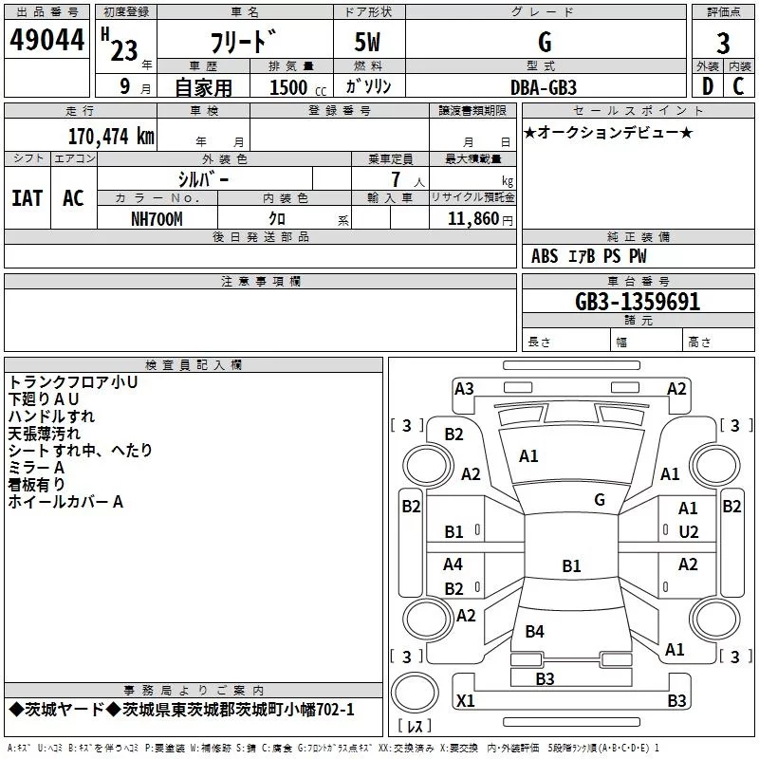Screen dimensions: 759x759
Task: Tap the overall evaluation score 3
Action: (x=723, y=44)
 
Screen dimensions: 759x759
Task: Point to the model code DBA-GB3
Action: (x=544, y=86)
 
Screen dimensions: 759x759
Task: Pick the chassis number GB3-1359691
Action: (x=638, y=303)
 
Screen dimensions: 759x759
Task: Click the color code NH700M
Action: (x=157, y=218)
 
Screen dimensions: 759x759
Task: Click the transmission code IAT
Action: (x=27, y=198)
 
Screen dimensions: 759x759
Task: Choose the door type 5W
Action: (x=368, y=43)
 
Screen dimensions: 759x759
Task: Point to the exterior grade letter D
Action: (x=707, y=86)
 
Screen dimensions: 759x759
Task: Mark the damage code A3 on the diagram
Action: (x=464, y=388)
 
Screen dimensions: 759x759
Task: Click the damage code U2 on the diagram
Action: (x=689, y=531)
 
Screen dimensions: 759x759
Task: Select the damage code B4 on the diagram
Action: (x=535, y=631)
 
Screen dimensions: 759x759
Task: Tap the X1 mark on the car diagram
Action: (x=465, y=701)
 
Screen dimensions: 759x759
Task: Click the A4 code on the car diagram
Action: (x=454, y=565)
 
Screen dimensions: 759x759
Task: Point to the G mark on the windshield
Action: (x=599, y=499)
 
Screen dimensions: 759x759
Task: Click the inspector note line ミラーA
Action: (x=36, y=468)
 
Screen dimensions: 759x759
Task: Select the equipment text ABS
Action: (x=545, y=256)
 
